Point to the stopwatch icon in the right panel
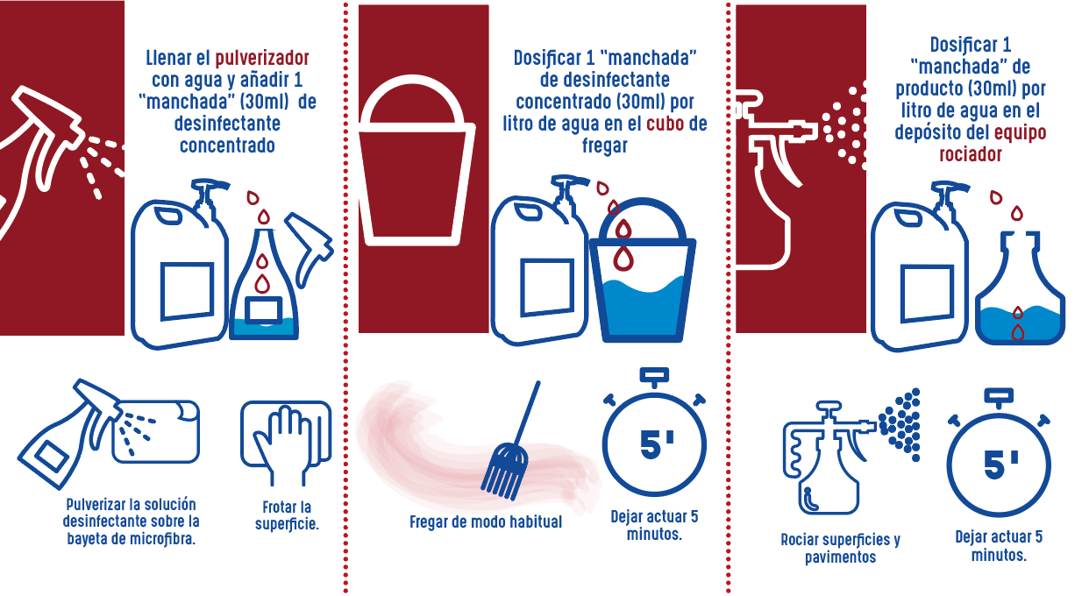pos(998,458)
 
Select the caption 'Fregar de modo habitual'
pos(486,522)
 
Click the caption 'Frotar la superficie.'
pos(287,515)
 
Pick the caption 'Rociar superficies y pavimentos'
pos(840,548)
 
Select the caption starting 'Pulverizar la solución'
pos(131,521)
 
